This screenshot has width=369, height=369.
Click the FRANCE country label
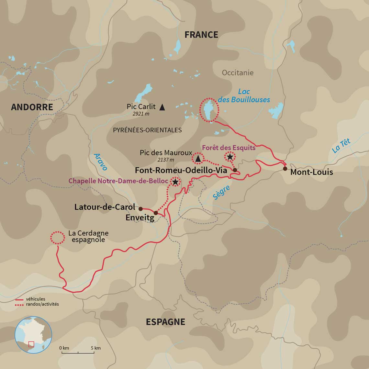(201, 35)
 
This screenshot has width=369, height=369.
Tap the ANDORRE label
(32, 107)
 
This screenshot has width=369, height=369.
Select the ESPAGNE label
(165, 322)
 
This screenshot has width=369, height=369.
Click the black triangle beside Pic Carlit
(162, 106)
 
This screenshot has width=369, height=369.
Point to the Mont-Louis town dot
(285, 169)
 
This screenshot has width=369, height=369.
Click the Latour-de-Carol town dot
(140, 209)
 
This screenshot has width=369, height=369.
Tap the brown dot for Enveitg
(156, 213)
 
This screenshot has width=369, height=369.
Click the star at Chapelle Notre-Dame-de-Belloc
(175, 182)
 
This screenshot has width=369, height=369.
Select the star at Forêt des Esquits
(230, 157)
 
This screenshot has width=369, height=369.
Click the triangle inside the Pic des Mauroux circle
(198, 158)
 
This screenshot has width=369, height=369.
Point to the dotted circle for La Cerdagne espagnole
(57, 238)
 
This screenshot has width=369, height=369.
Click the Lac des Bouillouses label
(244, 95)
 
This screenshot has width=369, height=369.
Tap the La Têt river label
(341, 146)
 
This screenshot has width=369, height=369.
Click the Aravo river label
(100, 162)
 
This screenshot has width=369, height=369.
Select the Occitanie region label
(238, 73)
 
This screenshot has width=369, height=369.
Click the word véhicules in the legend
(36, 299)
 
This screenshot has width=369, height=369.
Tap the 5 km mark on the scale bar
(95, 348)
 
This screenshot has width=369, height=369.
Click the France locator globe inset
(33, 335)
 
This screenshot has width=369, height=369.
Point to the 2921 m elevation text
(141, 114)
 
